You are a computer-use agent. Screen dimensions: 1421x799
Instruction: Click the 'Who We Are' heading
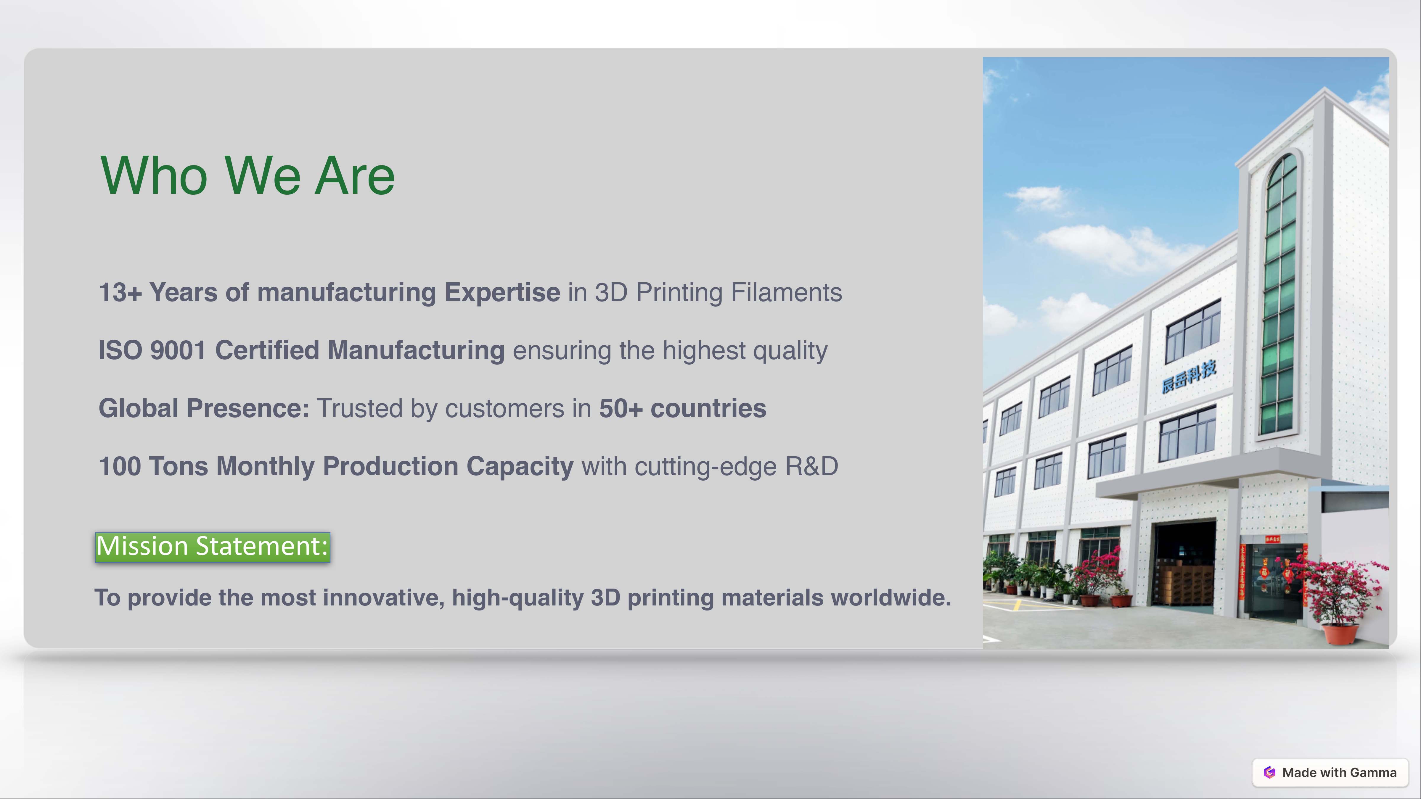248,176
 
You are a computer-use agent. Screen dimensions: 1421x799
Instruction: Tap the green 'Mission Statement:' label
212,547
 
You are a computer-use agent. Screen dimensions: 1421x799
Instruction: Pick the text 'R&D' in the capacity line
811,466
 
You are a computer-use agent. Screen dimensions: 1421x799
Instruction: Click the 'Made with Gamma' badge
1330,773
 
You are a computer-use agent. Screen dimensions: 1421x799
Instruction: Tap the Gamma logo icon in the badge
1269,773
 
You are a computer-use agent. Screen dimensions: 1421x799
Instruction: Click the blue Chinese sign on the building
1189,377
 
